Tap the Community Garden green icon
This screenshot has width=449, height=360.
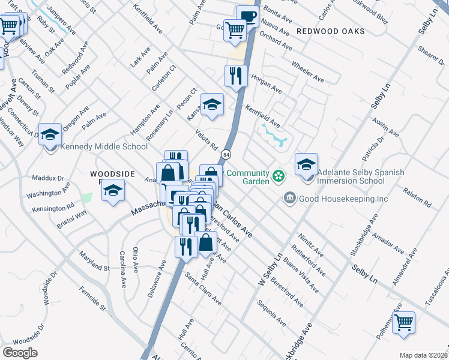pyautogui.click(x=279, y=175)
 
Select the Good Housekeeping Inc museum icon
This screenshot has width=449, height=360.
pyautogui.click(x=289, y=198)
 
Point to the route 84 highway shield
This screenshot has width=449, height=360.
pyautogui.click(x=226, y=154)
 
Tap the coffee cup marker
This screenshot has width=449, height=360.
pyautogui.click(x=247, y=16)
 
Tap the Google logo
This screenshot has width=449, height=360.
pyautogui.click(x=20, y=353)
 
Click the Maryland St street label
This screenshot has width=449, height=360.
pyautogui.click(x=94, y=260)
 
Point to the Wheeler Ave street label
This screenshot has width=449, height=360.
pyautogui.click(x=307, y=71)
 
